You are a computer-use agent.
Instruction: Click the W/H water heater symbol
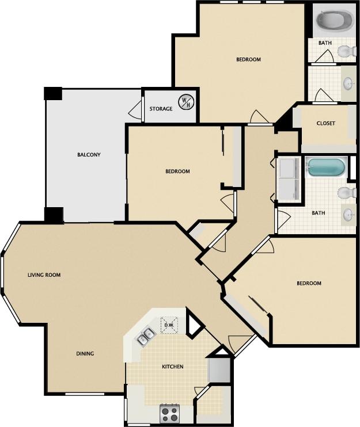click(186, 102)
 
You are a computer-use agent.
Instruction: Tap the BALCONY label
click(89, 155)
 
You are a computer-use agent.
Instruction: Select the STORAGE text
click(161, 109)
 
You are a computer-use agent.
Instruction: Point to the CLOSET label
click(325, 124)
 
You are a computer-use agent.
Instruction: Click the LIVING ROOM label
click(44, 275)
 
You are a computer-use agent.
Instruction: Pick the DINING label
click(85, 353)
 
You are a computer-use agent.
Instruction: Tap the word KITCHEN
click(172, 367)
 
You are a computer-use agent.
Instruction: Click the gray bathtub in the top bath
click(335, 21)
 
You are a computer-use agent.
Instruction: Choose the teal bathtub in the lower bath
click(326, 167)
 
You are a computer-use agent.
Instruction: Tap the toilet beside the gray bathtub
click(346, 52)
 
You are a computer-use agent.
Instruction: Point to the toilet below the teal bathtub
click(347, 192)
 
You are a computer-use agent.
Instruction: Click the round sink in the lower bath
click(348, 215)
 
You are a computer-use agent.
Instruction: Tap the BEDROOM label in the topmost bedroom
click(248, 60)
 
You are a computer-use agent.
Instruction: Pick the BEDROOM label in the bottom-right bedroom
click(309, 283)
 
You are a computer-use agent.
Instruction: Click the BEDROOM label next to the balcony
click(177, 171)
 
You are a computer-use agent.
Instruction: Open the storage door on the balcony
click(136, 108)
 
